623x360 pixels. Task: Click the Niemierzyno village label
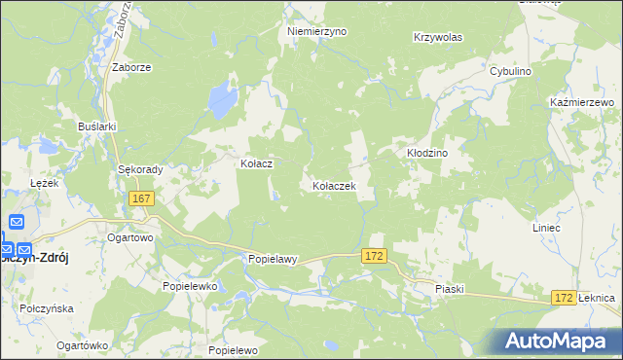(317, 31)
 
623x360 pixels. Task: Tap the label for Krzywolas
(437, 37)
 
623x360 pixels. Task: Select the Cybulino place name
(516, 72)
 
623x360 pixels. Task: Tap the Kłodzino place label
(425, 153)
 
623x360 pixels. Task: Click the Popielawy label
(272, 260)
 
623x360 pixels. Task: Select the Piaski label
(451, 289)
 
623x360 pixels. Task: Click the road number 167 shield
(142, 198)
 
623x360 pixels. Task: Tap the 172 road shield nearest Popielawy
(375, 255)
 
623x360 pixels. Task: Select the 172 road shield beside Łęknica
(562, 296)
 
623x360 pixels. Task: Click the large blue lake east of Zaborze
(222, 97)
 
